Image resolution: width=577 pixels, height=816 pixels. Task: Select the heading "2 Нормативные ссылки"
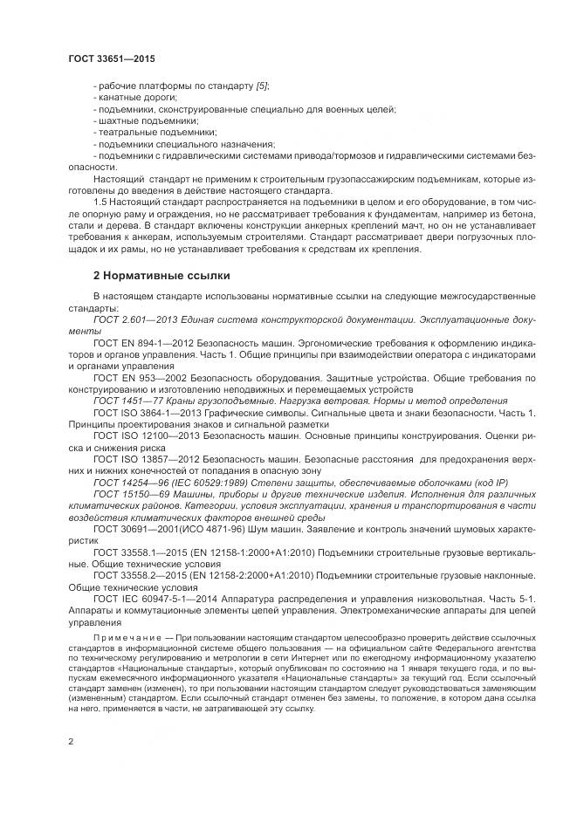click(x=161, y=276)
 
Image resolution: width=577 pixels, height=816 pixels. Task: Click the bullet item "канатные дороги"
click(x=127, y=97)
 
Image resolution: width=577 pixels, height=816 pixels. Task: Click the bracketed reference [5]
click(x=261, y=86)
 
